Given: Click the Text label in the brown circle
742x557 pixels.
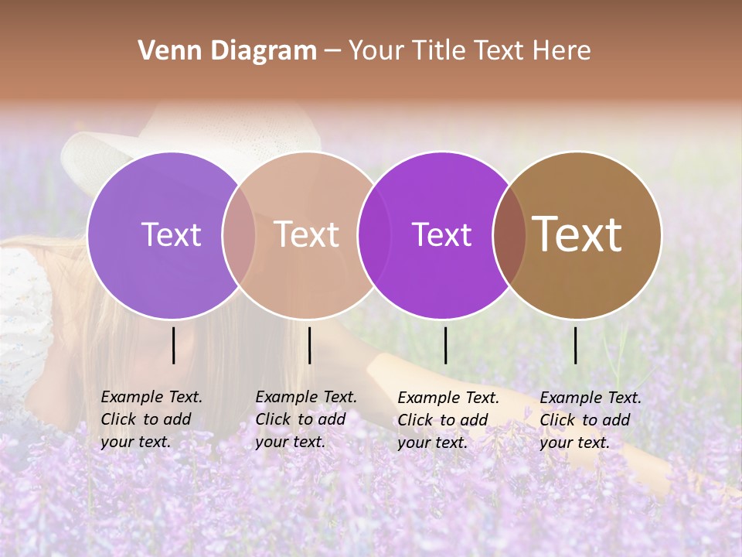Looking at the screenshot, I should pyautogui.click(x=577, y=234).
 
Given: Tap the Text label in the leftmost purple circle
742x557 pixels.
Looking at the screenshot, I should pyautogui.click(x=171, y=234).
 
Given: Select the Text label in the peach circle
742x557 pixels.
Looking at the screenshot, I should pyautogui.click(x=306, y=234).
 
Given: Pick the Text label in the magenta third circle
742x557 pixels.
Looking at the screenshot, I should pyautogui.click(x=441, y=234).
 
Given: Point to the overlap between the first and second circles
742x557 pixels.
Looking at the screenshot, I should pyautogui.click(x=239, y=234).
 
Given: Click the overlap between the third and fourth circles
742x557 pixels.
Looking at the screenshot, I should pyautogui.click(x=509, y=234).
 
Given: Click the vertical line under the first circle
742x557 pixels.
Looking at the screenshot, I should pyautogui.click(x=173, y=345).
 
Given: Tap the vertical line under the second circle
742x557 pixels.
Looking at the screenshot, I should pyautogui.click(x=309, y=345).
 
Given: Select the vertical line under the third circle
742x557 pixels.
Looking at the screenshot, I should pyautogui.click(x=445, y=345).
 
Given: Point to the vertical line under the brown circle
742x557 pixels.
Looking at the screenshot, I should pyautogui.click(x=575, y=345).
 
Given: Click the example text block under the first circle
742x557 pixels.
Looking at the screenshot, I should pyautogui.click(x=151, y=419).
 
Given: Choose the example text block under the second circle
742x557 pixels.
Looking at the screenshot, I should pyautogui.click(x=306, y=419).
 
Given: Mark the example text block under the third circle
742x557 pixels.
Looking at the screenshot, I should pyautogui.click(x=448, y=420).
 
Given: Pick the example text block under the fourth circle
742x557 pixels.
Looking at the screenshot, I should pyautogui.click(x=591, y=420).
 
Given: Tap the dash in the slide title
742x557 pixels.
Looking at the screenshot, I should pyautogui.click(x=332, y=51).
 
